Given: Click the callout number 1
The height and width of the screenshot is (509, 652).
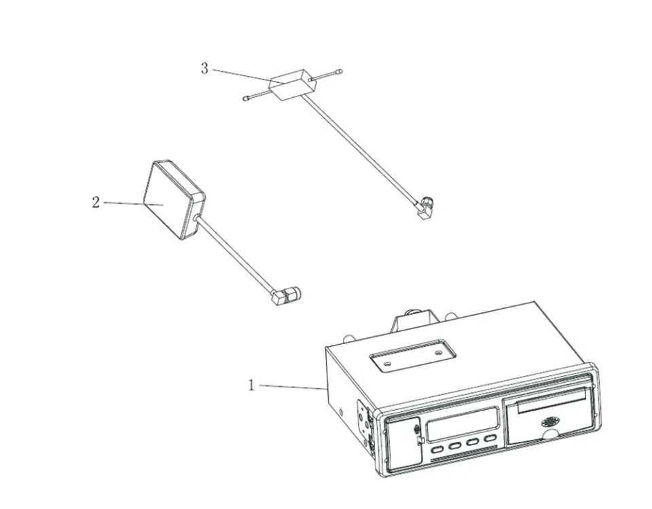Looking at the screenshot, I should [x=251, y=385].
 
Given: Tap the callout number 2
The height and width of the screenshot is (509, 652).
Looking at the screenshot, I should [x=96, y=202].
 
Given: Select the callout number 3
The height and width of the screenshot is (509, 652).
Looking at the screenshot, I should [x=204, y=69].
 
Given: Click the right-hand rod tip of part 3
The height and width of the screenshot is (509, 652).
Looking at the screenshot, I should [x=340, y=71].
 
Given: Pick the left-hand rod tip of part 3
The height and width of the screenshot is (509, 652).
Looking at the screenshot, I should [x=246, y=99].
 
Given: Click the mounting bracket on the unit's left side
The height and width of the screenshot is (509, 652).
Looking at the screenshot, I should [x=364, y=424].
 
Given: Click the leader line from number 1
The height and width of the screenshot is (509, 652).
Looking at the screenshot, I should [x=292, y=387].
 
